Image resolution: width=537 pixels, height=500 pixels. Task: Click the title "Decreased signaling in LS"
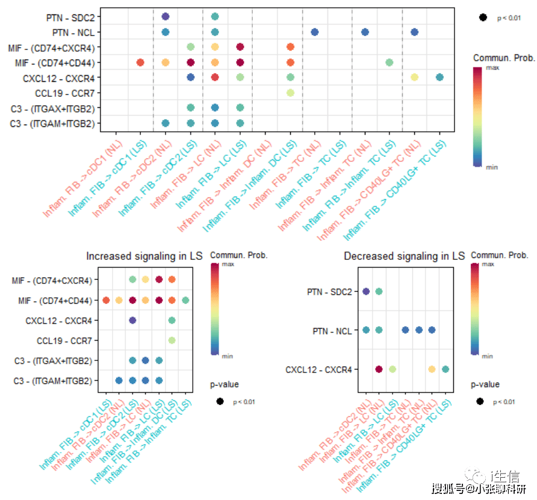point(404,256)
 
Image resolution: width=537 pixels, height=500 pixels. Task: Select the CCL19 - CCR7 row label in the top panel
point(67,93)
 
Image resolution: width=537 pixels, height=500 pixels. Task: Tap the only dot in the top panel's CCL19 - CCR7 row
point(290,93)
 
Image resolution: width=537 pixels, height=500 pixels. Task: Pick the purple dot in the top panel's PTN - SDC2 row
point(166,17)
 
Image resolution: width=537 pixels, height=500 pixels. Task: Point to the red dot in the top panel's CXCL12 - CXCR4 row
point(215,77)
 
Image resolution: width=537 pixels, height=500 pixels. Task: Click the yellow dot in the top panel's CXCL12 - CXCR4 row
point(414,77)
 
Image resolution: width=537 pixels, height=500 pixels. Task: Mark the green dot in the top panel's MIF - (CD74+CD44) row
point(390,62)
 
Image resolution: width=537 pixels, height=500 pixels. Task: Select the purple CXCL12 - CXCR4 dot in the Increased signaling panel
point(132,320)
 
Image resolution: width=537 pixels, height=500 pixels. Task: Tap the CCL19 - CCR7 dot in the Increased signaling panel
point(172,341)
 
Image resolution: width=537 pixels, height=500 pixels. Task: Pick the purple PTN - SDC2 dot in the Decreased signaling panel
point(366,291)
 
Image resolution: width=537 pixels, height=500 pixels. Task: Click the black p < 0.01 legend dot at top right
point(483,18)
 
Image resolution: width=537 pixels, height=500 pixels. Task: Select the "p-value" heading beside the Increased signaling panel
point(225,384)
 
